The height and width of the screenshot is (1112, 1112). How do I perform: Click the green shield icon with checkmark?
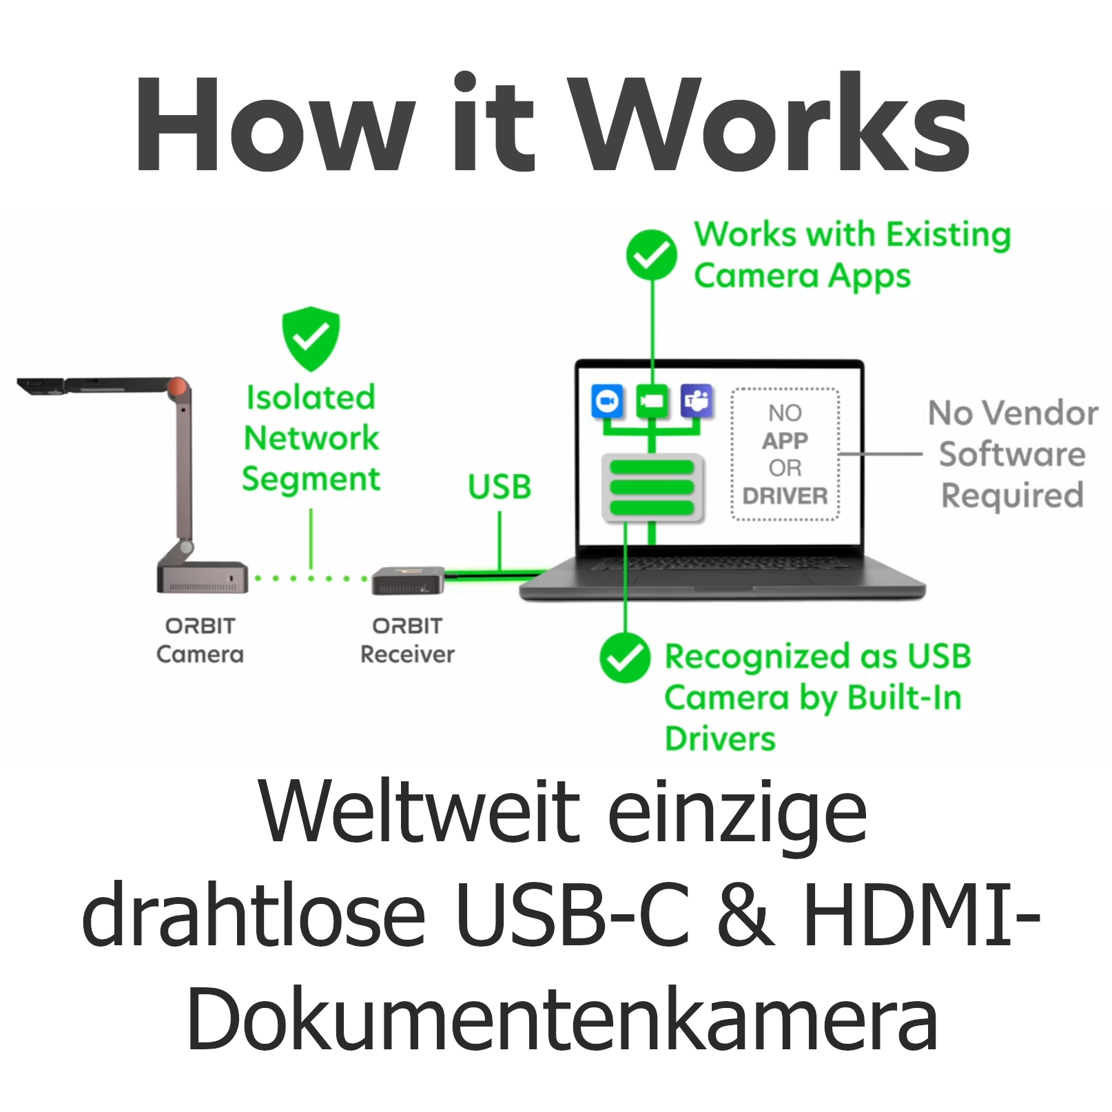tap(311, 338)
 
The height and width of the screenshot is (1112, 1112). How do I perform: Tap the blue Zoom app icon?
tap(607, 401)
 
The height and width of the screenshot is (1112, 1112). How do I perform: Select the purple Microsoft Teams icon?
tap(697, 401)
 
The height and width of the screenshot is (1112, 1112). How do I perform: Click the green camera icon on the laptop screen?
tap(652, 401)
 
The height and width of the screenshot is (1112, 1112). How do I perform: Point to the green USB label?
tap(500, 486)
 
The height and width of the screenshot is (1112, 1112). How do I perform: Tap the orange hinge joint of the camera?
tap(178, 387)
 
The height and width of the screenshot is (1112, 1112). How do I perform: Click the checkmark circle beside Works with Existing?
tap(651, 255)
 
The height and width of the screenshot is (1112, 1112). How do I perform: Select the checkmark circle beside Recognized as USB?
tap(624, 657)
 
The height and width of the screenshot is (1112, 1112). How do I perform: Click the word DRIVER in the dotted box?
tap(785, 496)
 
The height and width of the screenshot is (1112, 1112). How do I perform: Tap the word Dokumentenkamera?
tap(562, 1018)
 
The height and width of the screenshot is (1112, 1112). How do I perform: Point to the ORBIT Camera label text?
tap(200, 640)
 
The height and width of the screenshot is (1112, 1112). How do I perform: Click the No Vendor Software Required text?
tap(1012, 454)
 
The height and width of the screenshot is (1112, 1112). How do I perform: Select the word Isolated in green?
tap(311, 398)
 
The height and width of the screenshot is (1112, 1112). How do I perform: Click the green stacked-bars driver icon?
tap(652, 487)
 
